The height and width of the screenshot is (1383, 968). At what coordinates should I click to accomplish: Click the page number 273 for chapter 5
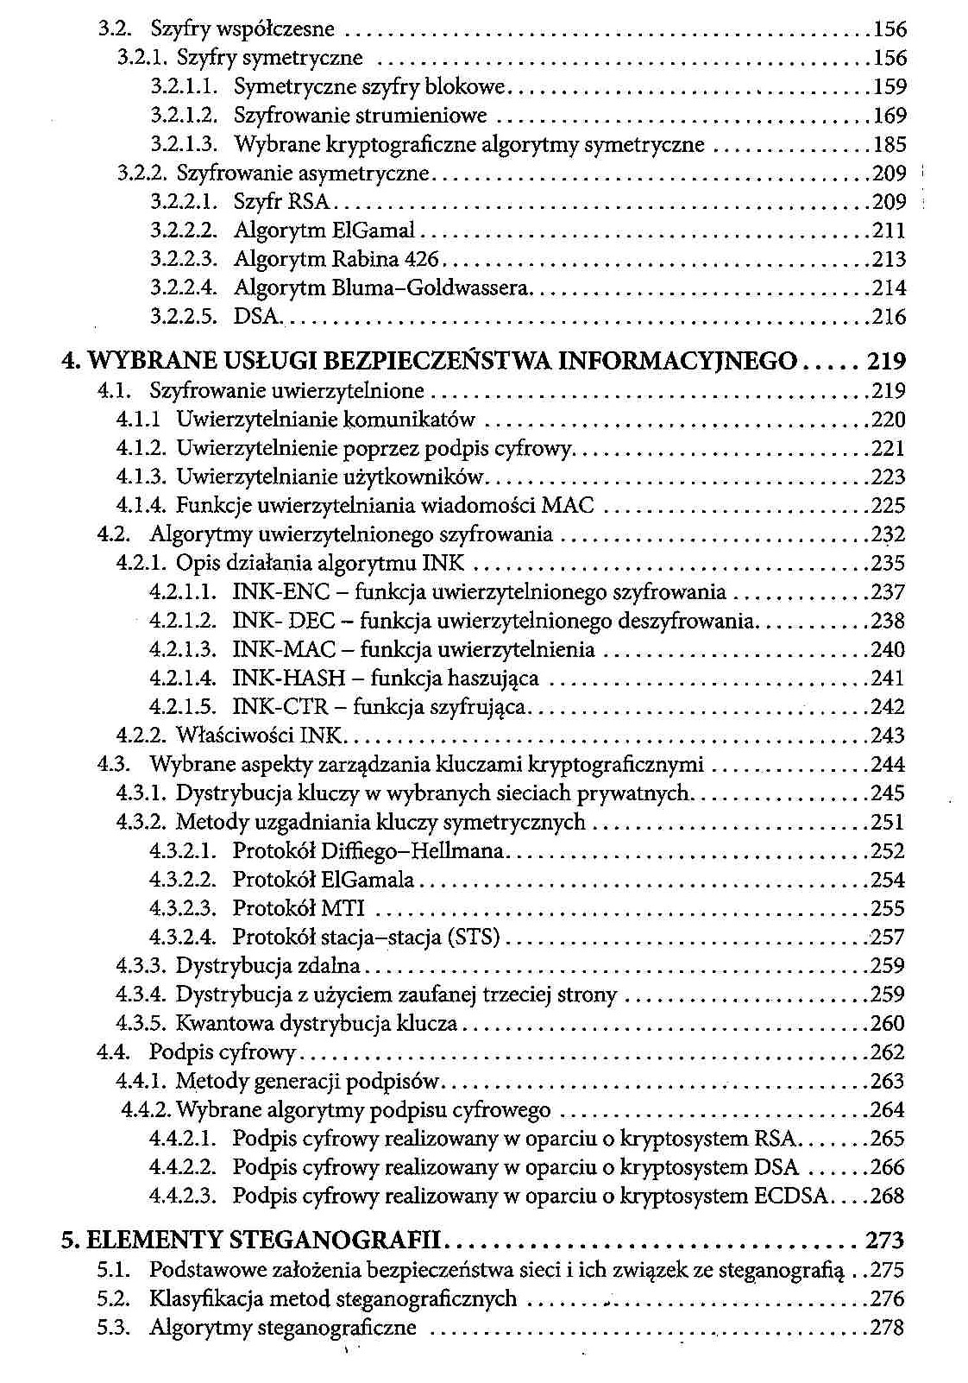pos(884,1241)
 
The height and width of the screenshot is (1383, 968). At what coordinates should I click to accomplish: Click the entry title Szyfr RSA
pos(282,201)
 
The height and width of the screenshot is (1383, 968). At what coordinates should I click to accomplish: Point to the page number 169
pos(889,115)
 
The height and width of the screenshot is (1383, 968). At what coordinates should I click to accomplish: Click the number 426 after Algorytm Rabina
pos(422,259)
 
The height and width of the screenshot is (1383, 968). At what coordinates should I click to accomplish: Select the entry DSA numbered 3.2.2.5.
pos(256,317)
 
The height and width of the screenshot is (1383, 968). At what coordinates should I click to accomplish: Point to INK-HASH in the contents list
pos(289,678)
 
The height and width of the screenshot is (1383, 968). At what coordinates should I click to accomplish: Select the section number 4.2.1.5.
pos(182,706)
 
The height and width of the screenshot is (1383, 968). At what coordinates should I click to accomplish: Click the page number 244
pos(888,764)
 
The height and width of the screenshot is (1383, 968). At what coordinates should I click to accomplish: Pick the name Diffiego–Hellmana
pos(412,850)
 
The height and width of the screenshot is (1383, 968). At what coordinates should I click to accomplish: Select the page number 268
pos(888,1196)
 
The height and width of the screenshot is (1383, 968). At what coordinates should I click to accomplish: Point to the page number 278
pos(888,1327)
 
